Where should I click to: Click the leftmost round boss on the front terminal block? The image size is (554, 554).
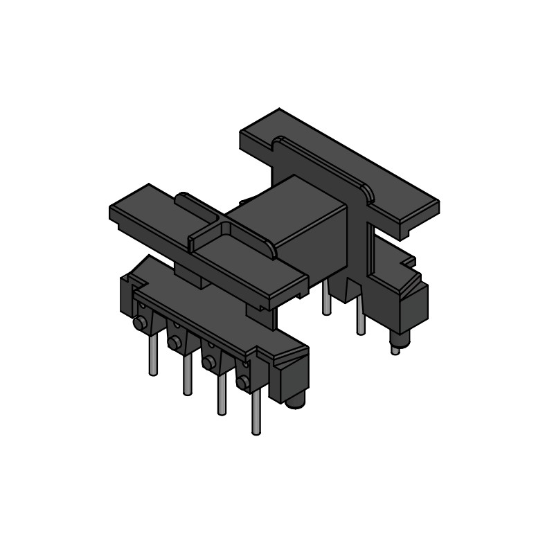(x=139, y=322)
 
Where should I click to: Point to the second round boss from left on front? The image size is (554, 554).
(x=174, y=341)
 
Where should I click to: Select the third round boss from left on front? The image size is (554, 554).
(x=208, y=361)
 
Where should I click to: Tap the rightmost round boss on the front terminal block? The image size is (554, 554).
(x=242, y=382)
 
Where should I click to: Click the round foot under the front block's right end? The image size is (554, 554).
(x=295, y=401)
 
